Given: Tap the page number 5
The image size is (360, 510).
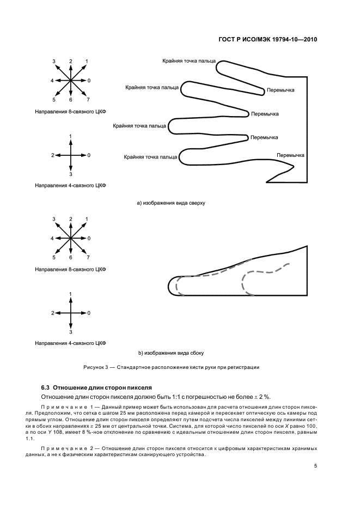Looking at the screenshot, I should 316,465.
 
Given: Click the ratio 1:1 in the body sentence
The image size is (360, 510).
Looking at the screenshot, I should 176,396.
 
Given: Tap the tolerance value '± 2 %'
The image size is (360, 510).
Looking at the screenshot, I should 264,396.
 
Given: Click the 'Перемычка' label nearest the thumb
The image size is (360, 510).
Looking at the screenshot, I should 290,155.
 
